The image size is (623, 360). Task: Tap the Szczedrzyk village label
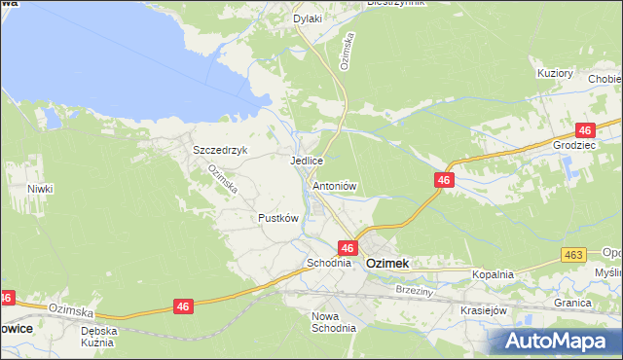221,150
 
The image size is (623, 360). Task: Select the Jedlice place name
306,161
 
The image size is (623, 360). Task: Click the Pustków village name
277,218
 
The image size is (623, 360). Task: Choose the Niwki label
40,189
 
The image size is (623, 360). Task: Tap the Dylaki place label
308,18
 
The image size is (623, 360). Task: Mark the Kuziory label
555,73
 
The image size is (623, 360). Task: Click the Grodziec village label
573,145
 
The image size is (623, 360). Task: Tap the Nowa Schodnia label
332,322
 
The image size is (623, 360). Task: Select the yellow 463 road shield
572,255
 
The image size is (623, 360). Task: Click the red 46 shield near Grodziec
584,129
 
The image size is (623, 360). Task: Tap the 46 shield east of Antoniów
444,180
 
